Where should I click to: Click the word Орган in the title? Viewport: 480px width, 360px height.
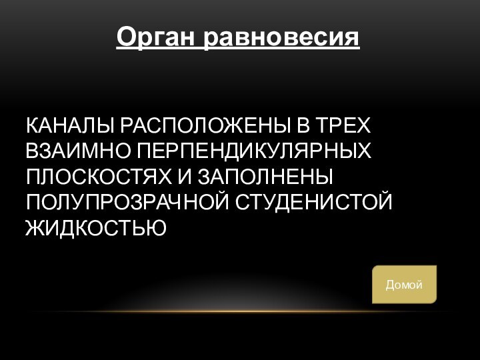click(157, 37)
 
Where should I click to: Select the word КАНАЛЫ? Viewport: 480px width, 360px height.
click(69, 126)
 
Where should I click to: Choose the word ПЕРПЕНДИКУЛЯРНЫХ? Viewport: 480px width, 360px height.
click(254, 151)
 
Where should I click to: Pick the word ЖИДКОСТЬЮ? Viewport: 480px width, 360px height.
click(95, 228)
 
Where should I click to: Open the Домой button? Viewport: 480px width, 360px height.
click(404, 285)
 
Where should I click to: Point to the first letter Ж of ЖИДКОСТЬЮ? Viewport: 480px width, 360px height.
click(34, 228)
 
